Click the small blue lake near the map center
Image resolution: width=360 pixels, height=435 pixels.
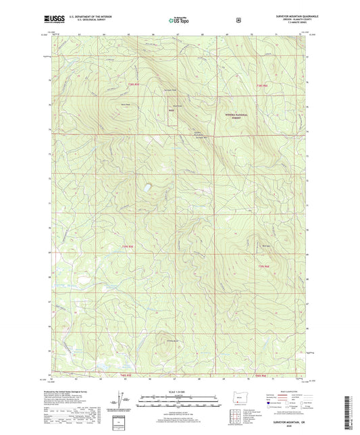[147, 187]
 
